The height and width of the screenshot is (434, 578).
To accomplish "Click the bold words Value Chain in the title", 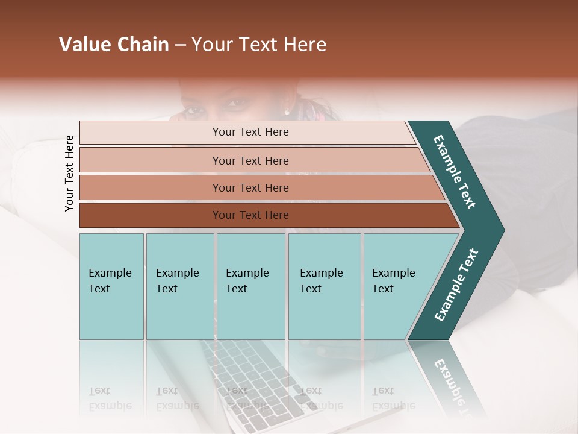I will [x=114, y=45].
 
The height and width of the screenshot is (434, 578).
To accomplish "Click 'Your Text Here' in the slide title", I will [x=259, y=45].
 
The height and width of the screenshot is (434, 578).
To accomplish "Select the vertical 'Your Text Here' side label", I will [x=69, y=173].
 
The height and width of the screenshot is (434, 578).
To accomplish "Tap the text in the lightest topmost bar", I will [x=250, y=132].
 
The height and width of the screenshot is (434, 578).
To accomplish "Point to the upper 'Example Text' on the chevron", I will [x=455, y=172].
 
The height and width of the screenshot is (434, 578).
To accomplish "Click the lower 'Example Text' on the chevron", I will [x=456, y=285].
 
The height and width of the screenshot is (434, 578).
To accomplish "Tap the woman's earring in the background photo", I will [x=287, y=112].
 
